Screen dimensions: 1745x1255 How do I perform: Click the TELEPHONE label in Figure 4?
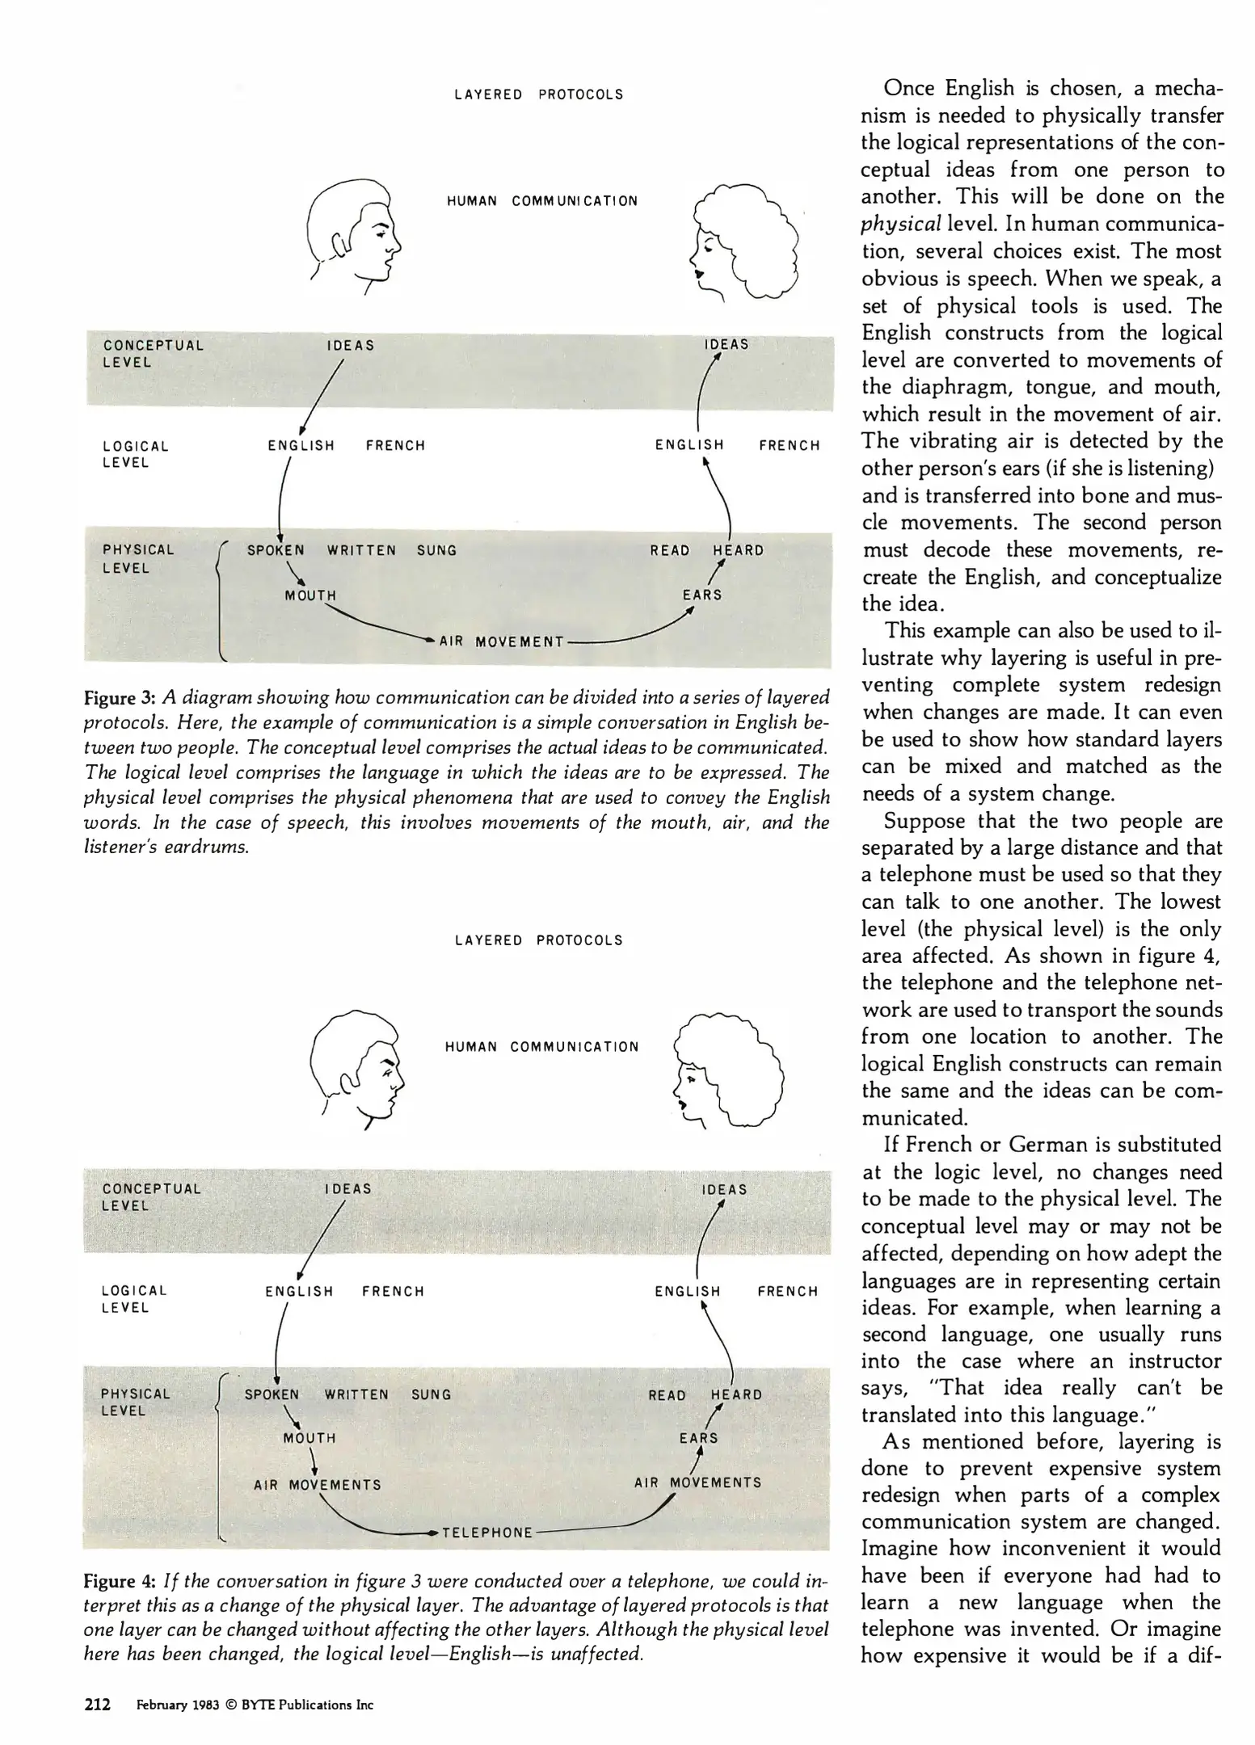487,1533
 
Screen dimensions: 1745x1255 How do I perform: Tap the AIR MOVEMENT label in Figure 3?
501,642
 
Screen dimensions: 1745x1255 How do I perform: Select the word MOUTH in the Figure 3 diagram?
310,595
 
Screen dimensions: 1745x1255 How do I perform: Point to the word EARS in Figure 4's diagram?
699,1438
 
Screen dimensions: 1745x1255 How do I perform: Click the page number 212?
97,1705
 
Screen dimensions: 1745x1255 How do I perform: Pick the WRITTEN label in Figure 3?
361,551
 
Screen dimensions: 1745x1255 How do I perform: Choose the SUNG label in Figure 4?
431,1394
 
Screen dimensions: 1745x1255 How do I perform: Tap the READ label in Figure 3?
670,551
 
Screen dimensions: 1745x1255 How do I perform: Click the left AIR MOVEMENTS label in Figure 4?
317,1485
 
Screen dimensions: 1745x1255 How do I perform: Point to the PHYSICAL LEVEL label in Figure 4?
135,1402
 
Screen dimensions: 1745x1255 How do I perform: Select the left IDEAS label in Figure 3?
351,346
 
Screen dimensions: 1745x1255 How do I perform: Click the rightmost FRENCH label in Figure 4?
788,1292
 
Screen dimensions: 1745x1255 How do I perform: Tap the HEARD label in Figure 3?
738,551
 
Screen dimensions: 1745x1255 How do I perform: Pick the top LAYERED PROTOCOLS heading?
538,95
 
